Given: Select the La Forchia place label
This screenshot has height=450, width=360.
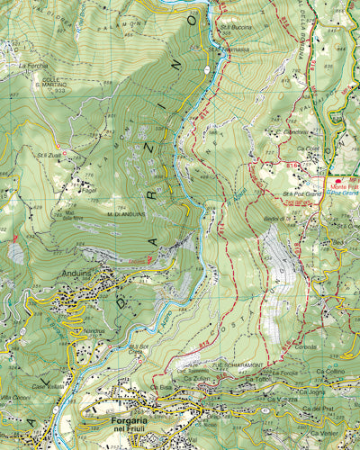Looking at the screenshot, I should coord(31,66).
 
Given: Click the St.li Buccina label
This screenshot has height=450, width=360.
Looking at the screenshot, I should coord(236,27).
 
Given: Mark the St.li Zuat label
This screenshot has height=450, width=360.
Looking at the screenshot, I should coord(48,155).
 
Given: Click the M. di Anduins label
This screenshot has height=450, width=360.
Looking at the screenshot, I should coord(127,213).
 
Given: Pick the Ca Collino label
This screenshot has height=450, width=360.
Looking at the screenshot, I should coord(330,372).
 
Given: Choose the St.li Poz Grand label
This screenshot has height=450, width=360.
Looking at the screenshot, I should coord(301,193).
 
